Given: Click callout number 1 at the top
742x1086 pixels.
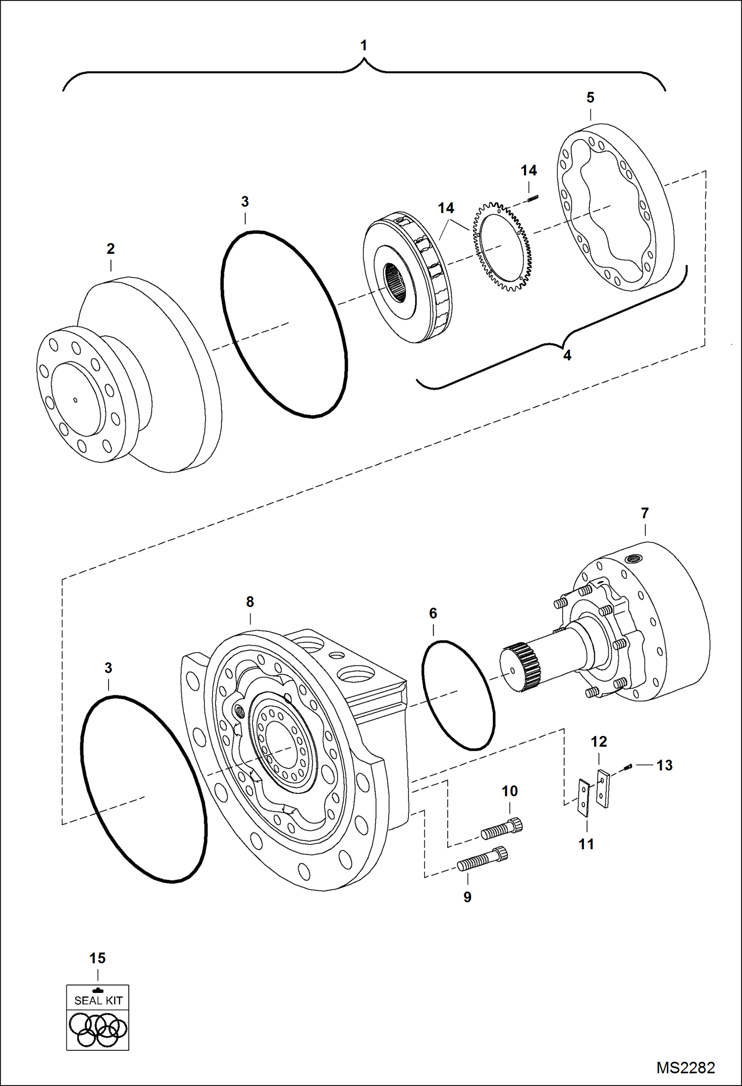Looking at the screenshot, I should (364, 46).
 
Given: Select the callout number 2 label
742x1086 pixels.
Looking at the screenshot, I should (110, 249).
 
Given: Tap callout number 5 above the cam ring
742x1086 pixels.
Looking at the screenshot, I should (590, 98).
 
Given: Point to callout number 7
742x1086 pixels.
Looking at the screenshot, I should (644, 514).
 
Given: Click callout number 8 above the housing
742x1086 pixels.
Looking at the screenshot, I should (250, 602).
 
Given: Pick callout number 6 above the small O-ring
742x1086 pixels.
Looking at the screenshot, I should (433, 614).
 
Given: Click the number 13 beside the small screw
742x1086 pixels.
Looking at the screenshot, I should (664, 765).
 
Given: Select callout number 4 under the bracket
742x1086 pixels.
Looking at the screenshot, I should (567, 355).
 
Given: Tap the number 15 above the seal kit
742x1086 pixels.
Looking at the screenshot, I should (98, 958).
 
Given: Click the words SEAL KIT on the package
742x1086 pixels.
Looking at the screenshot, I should (98, 1000).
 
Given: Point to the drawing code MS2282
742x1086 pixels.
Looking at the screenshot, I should (686, 1068).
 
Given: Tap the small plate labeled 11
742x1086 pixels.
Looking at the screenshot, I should (584, 797).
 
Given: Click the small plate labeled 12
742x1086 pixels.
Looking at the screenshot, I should (603, 788).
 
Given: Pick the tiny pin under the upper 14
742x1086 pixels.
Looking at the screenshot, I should (533, 200).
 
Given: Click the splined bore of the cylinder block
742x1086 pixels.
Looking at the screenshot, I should (399, 281).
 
